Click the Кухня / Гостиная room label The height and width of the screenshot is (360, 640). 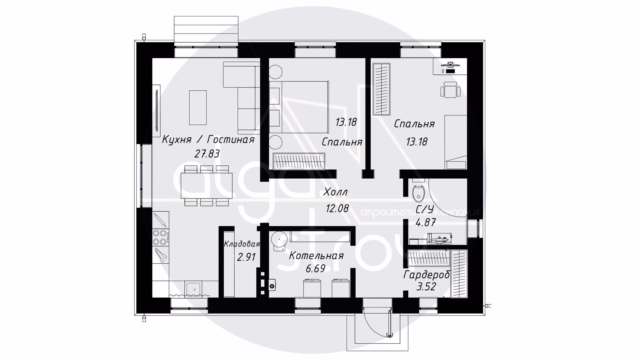pyautogui.click(x=208, y=140)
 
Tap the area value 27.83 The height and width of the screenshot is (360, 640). pyautogui.click(x=207, y=154)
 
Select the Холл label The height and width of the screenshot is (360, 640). pyautogui.click(x=335, y=192)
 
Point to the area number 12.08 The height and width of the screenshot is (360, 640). pyautogui.click(x=338, y=208)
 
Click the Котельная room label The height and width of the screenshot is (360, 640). pyautogui.click(x=316, y=255)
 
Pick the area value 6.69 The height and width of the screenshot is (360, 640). pyautogui.click(x=315, y=269)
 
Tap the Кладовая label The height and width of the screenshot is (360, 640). pyautogui.click(x=242, y=244)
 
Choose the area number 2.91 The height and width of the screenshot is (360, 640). pyautogui.click(x=246, y=257)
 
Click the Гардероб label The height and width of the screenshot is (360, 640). pyautogui.click(x=427, y=275)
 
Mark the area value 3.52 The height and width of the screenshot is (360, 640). pyautogui.click(x=426, y=286)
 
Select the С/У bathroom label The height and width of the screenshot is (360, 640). pyautogui.click(x=424, y=209)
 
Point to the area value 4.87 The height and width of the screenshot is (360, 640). pyautogui.click(x=426, y=222)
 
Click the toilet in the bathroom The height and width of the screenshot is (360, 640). pyautogui.click(x=419, y=191)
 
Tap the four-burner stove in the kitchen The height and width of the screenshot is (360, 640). pyautogui.click(x=160, y=237)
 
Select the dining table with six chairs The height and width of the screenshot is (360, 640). pyautogui.click(x=206, y=186)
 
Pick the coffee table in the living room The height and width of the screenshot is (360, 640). pyautogui.click(x=198, y=107)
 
